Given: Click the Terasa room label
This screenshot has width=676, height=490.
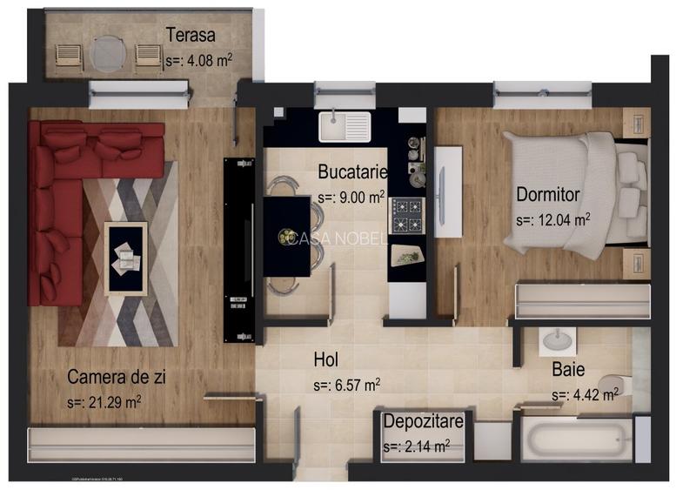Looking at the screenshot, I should tap(191, 36).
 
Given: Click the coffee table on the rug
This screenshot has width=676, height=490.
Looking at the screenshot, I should tap(124, 257).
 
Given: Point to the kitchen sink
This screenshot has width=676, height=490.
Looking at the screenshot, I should tap(345, 127).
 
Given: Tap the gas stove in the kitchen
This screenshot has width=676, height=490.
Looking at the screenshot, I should tap(405, 216).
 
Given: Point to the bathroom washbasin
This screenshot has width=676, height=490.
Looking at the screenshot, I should tap(554, 342).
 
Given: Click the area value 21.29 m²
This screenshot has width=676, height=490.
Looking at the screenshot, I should tap(104, 402).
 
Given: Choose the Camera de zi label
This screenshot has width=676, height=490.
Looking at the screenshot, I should tap(117, 377).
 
